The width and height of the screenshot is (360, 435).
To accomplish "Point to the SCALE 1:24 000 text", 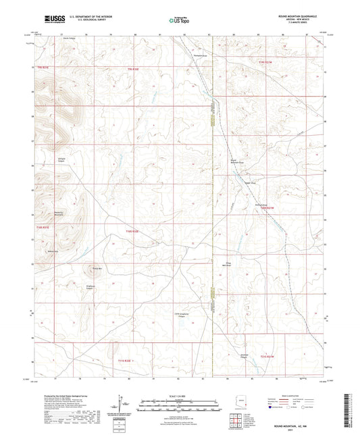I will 180,394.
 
